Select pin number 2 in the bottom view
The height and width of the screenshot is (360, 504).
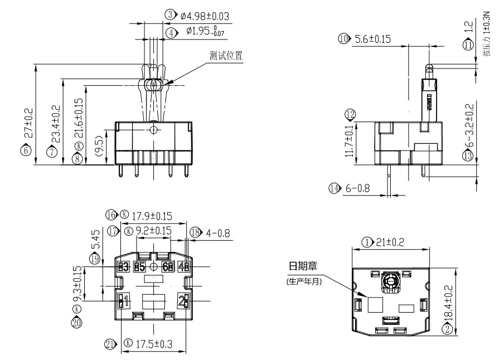181,301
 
